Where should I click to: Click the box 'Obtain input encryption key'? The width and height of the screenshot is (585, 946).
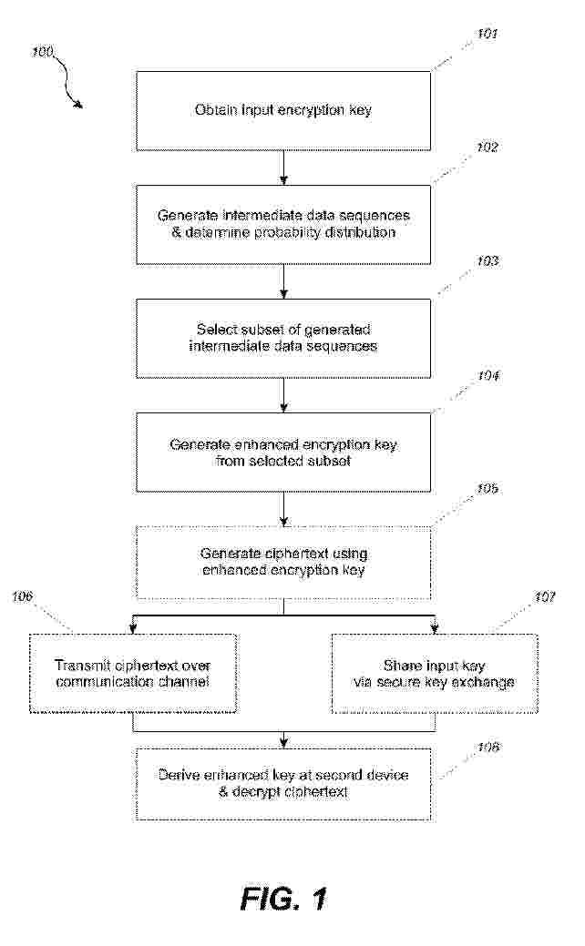(x=283, y=111)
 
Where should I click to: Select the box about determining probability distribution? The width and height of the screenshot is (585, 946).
(x=283, y=224)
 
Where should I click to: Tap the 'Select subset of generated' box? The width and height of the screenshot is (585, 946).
(x=283, y=339)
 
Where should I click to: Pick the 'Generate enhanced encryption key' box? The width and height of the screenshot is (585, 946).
(x=283, y=452)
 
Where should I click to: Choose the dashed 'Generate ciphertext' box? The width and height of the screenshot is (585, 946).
(x=283, y=563)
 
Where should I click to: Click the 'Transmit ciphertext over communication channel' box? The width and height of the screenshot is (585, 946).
(x=133, y=673)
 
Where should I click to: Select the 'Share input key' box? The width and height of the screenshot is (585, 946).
(x=434, y=673)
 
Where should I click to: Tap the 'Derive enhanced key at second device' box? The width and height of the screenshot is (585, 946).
(x=283, y=784)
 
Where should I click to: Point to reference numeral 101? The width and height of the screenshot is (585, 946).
(x=487, y=34)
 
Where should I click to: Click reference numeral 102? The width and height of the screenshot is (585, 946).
(x=487, y=147)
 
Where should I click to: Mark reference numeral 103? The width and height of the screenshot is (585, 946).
(x=487, y=261)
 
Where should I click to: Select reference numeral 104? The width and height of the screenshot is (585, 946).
(x=487, y=376)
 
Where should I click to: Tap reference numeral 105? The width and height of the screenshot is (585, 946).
(x=487, y=488)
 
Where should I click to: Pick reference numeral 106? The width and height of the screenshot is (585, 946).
(x=22, y=596)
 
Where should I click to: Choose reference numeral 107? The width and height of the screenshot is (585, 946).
(x=545, y=596)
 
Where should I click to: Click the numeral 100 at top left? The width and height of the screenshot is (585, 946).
(x=43, y=52)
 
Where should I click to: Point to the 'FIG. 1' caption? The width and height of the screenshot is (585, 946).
(x=283, y=899)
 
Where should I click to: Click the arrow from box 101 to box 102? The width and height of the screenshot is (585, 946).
(x=283, y=168)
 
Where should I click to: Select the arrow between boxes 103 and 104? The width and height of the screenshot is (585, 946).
(x=283, y=395)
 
